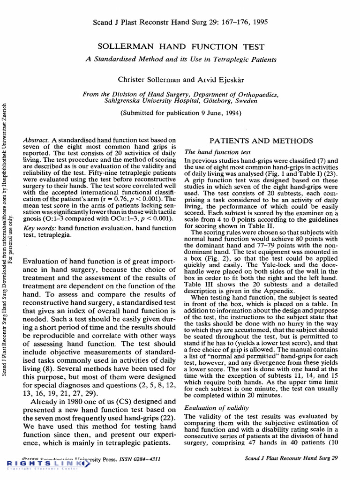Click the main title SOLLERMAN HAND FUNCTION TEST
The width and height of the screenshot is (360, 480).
point(180,47)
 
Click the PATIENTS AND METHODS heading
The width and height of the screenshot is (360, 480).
point(261,141)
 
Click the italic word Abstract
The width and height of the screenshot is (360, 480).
point(36,140)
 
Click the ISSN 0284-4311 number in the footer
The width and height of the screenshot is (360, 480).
point(139,459)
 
